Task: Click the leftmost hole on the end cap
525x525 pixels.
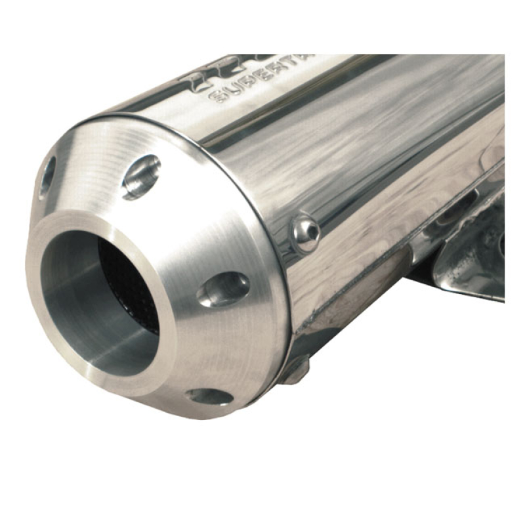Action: coord(47,177)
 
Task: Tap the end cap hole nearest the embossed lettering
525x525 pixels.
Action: coord(140,176)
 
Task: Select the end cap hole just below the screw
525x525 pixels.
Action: coord(223,289)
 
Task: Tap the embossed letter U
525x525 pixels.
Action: coord(234,93)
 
